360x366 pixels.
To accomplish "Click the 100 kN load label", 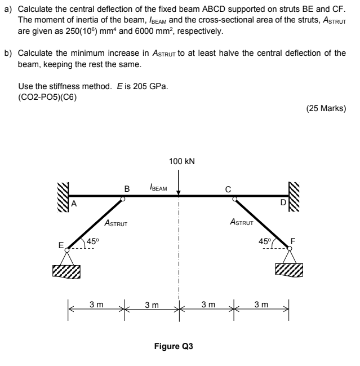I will pos(181,161).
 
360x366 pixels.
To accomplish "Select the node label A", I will pos(73,204).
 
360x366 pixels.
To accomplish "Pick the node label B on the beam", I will pos(127,188).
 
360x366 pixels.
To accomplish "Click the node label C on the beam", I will pos(228,188).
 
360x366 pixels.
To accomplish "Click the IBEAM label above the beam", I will pos(158,186).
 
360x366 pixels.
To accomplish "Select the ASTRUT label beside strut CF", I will pos(243,223).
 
